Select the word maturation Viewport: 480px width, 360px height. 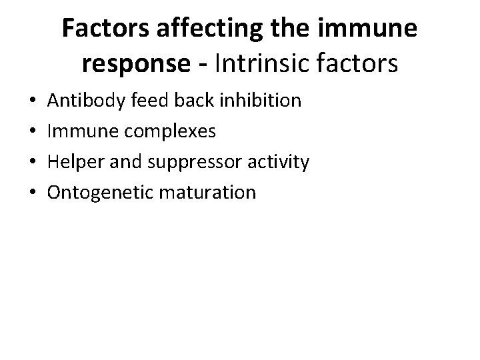pos(206,193)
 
